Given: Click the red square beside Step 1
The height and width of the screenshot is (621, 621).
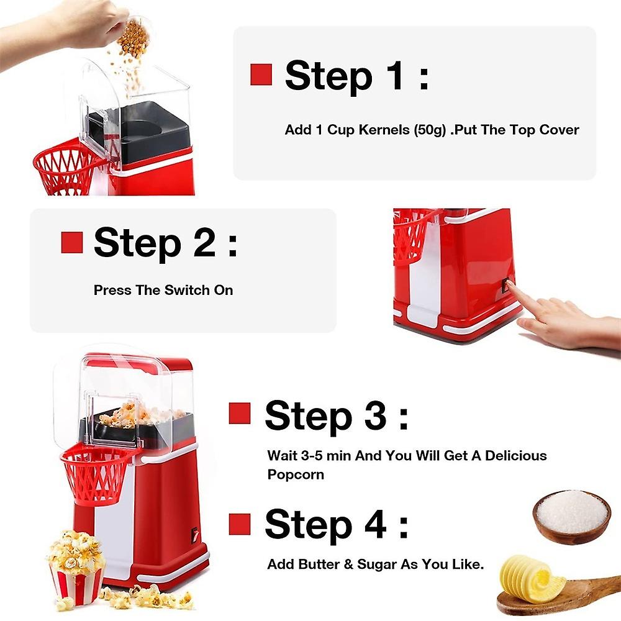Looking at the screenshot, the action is pos(261,75).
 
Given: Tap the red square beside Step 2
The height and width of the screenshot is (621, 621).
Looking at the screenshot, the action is pos(72,242).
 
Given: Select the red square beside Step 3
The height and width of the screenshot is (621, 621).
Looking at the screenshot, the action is pos(240,414).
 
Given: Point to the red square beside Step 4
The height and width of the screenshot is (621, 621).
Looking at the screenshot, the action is pos(240,524).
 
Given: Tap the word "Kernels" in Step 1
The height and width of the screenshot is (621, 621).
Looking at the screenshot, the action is pos(384,130).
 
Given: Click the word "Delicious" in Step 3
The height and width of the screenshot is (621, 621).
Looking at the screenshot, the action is pos(515,455).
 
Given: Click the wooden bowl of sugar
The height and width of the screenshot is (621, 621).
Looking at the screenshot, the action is pos(571,517).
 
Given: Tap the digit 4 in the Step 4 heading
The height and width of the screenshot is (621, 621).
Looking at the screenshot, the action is pos(375,524).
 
